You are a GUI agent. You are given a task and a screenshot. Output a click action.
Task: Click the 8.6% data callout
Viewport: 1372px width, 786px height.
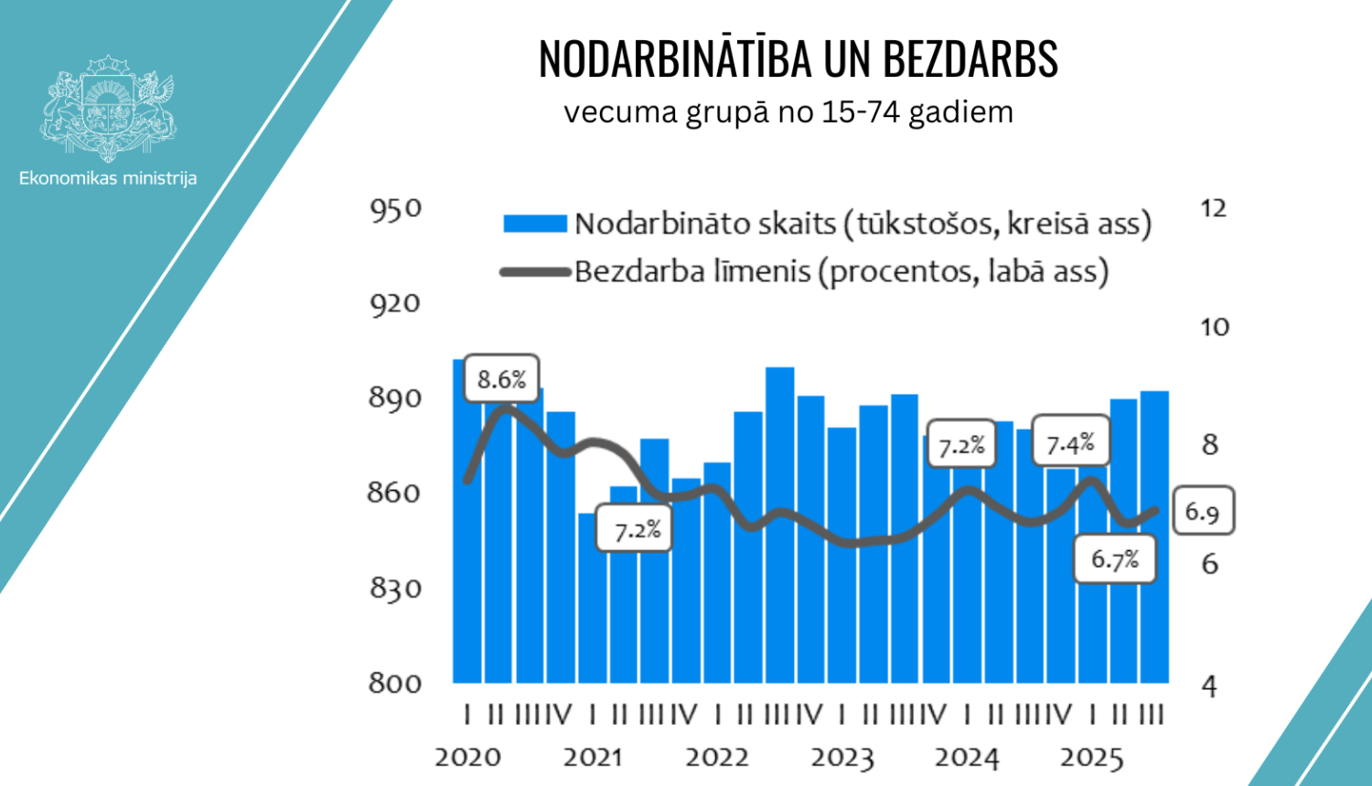point(501,378)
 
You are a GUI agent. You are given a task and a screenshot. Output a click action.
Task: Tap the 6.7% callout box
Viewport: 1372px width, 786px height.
point(1115,558)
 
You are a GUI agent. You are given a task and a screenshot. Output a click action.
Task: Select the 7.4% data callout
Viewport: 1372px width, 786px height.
point(1070,444)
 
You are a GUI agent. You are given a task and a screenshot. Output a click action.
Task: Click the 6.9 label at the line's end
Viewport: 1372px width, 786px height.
point(1202,511)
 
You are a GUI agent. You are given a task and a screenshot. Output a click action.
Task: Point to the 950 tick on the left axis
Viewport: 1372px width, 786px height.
point(395,209)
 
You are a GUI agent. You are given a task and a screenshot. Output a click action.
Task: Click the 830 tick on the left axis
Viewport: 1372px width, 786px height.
point(395,587)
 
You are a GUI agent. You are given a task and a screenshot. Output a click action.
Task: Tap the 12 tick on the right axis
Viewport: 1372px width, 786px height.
point(1213,208)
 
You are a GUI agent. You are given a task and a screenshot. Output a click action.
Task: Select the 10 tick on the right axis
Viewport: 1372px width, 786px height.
point(1214,327)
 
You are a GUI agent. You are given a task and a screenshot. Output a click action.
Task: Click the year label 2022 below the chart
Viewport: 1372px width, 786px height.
point(717,758)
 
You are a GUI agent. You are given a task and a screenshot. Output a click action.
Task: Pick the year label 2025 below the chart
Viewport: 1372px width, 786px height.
point(1091,758)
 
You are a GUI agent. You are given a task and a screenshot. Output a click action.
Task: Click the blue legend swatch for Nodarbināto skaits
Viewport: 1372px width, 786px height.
point(535,224)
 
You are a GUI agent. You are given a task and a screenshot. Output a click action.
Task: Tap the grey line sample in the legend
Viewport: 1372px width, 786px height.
point(535,271)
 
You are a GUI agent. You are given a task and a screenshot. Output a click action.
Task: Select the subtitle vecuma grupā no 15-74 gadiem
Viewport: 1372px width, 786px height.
point(788,112)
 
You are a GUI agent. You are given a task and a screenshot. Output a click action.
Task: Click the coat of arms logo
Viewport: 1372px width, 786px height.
point(108,108)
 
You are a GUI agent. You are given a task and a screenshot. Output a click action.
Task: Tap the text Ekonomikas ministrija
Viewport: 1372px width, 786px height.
point(108,178)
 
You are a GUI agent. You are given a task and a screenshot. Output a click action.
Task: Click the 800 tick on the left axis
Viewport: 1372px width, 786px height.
point(395,683)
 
